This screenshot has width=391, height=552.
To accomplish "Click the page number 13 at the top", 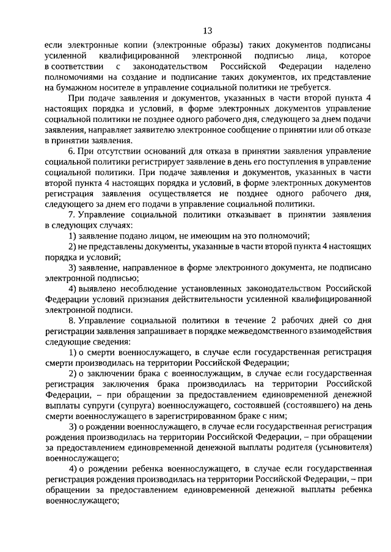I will pyautogui.click(x=207, y=30).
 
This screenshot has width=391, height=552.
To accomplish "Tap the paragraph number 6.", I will pyautogui.click(x=71, y=151).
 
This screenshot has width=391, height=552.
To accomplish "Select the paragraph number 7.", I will pyautogui.click(x=71, y=214).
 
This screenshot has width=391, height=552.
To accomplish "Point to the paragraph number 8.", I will pyautogui.click(x=71, y=320).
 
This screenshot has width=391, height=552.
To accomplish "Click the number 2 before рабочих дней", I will pyautogui.click(x=274, y=320).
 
